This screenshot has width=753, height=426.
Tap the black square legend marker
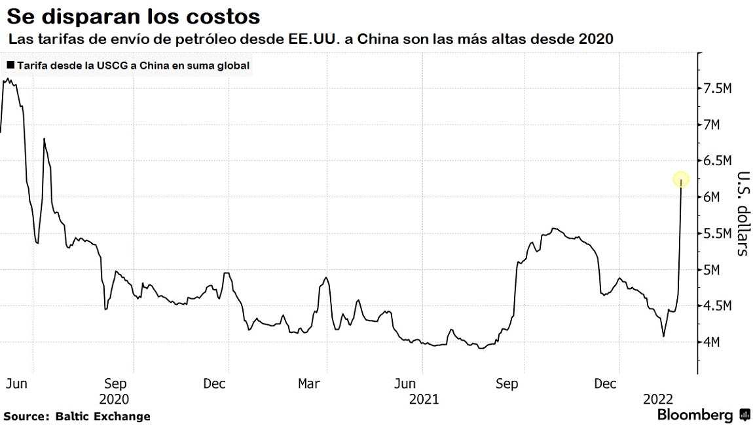(x=10, y=66)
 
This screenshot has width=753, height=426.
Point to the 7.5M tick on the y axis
(x=716, y=88)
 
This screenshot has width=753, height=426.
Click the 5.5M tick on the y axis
(x=716, y=233)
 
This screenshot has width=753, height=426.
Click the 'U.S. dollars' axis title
(x=743, y=213)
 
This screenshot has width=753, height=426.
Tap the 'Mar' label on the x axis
(x=309, y=383)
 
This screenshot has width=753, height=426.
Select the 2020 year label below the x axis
(x=113, y=399)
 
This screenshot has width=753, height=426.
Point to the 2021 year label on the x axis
(x=424, y=399)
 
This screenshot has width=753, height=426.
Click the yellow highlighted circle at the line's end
(x=682, y=179)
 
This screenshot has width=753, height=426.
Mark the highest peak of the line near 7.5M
(x=6, y=79)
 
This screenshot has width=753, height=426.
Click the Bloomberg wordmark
(x=695, y=415)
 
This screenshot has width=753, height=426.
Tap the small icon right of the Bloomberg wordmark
(x=744, y=415)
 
